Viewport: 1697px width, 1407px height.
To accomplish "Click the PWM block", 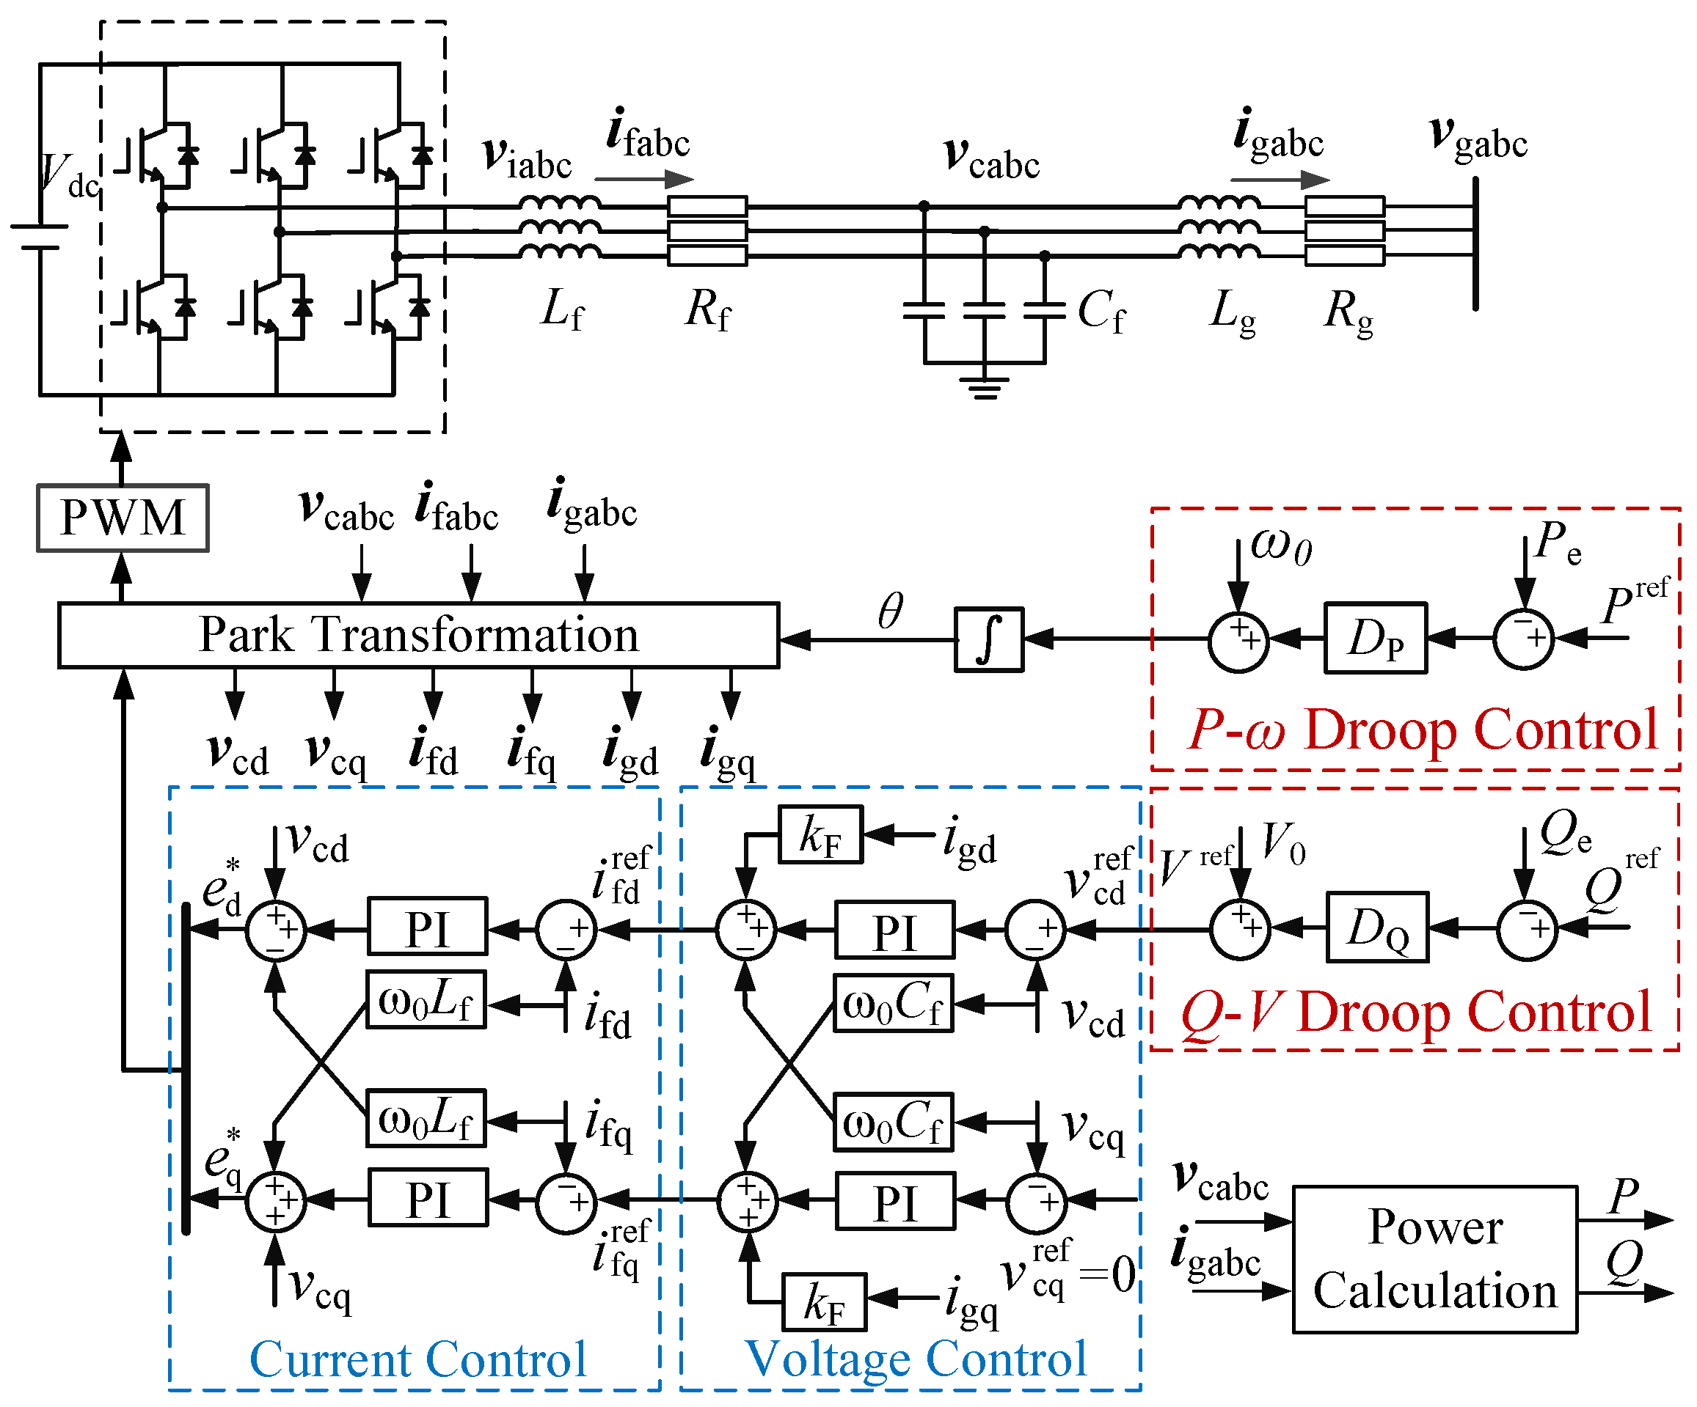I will (x=123, y=518).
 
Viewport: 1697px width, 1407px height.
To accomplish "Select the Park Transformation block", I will (x=419, y=635).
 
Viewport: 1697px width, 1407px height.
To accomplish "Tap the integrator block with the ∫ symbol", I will (x=989, y=639).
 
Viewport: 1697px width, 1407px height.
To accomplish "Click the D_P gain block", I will (x=1376, y=638).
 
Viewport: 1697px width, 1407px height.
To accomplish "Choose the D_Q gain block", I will (x=1377, y=927).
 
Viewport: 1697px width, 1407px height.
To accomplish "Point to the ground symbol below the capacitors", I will (x=985, y=387).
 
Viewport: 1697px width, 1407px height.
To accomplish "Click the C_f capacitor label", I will (x=1101, y=311).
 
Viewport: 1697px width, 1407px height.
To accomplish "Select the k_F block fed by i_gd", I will (x=820, y=835).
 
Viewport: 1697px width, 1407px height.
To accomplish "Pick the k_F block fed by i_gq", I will (x=824, y=1302).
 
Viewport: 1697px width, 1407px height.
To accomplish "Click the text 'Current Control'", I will (x=417, y=1360).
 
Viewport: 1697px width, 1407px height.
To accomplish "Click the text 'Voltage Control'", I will (x=916, y=1360).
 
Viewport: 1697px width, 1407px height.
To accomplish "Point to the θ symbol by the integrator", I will (x=890, y=611).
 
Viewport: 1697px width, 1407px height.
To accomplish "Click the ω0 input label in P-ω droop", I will (x=1281, y=546).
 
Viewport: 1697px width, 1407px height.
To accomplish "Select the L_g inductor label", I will (x=1233, y=311).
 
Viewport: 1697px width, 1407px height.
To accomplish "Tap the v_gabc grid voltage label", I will (x=1478, y=138).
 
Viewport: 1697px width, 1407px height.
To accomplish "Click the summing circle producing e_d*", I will (x=276, y=930).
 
